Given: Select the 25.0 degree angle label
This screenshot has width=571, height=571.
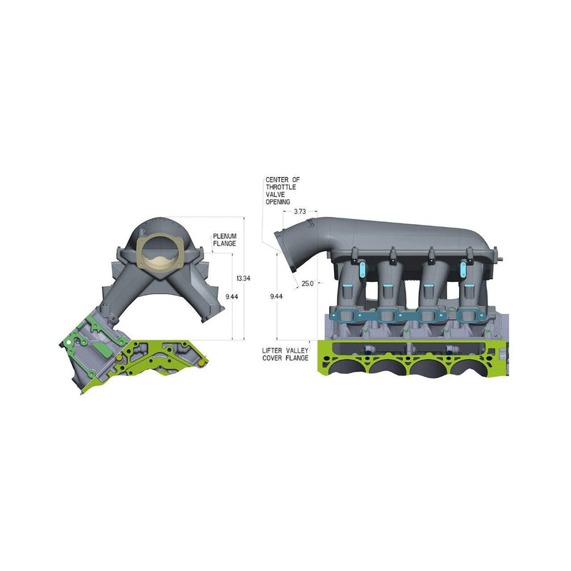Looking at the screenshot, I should [x=308, y=283].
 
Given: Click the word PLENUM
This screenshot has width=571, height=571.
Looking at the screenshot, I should [x=224, y=236].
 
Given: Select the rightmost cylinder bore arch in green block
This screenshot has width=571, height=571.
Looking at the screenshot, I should [x=475, y=368].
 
